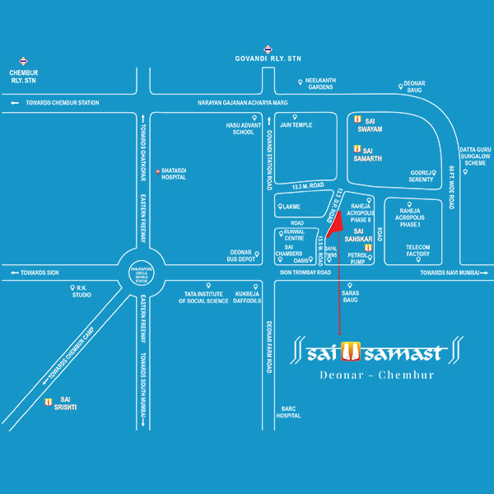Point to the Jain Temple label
coord(295,124)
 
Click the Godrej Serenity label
coord(422,176)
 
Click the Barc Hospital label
coord(287,412)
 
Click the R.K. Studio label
coord(82,291)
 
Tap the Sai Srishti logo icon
coord(49,403)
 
